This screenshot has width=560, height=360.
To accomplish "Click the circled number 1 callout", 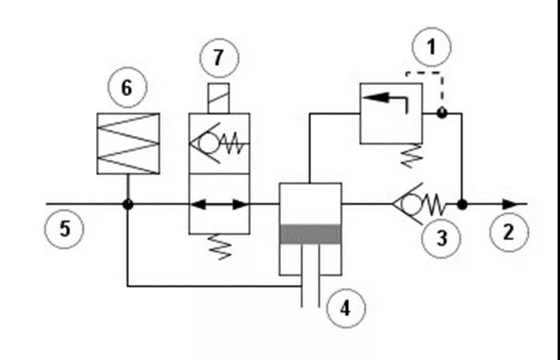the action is [x=431, y=47].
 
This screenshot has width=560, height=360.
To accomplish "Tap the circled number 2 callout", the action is [x=509, y=233].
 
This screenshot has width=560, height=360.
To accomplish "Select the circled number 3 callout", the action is [x=441, y=238].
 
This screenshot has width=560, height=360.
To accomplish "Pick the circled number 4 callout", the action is [x=346, y=308].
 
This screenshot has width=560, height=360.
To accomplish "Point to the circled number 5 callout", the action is [x=64, y=229].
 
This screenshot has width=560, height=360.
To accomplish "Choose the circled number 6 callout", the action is [x=127, y=87].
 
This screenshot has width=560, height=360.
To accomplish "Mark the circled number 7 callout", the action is [x=218, y=58].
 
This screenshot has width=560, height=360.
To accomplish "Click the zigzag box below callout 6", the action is [x=128, y=143].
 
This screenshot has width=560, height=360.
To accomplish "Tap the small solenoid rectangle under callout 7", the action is [x=218, y=98].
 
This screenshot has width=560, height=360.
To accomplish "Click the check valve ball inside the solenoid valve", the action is [x=209, y=143].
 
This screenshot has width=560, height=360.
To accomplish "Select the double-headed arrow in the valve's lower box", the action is [x=219, y=205].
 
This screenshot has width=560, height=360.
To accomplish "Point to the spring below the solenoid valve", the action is [x=220, y=246].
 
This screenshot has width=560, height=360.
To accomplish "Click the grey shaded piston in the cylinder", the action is [x=310, y=234].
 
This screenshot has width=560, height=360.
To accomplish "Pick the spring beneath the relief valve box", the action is [x=412, y=156].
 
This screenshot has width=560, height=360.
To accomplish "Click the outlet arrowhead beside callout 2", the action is [x=510, y=205].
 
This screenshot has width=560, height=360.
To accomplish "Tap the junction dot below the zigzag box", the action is [x=128, y=205].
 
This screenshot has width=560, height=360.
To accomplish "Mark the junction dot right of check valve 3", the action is [x=462, y=205].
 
